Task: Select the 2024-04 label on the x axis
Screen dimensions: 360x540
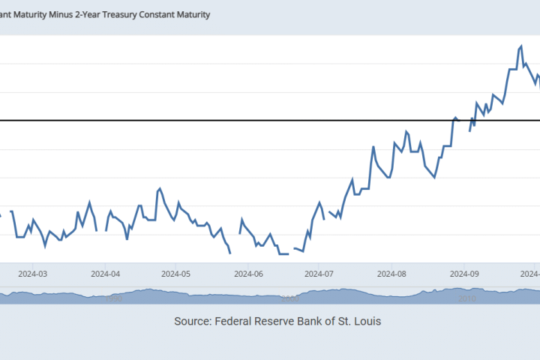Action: [105, 274]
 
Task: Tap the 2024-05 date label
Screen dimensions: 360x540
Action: [175, 274]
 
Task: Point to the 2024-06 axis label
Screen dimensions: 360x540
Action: [248, 274]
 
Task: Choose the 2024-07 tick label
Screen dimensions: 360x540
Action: [319, 274]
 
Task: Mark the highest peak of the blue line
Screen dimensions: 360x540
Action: [520, 46]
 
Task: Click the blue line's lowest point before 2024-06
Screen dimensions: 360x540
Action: [229, 253]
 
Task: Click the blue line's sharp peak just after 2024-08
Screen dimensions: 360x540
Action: [406, 132]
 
